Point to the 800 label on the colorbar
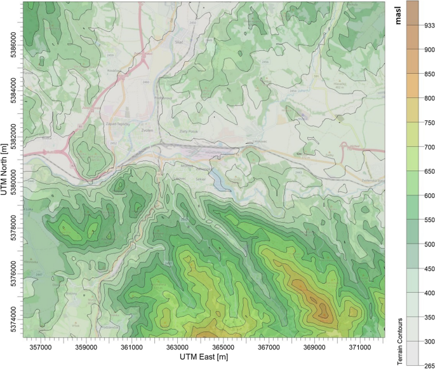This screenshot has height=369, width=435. (x=429, y=98)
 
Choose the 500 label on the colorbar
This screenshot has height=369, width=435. (x=429, y=244)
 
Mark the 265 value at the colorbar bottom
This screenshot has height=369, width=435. (x=429, y=361)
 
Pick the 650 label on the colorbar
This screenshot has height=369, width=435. (x=429, y=171)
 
